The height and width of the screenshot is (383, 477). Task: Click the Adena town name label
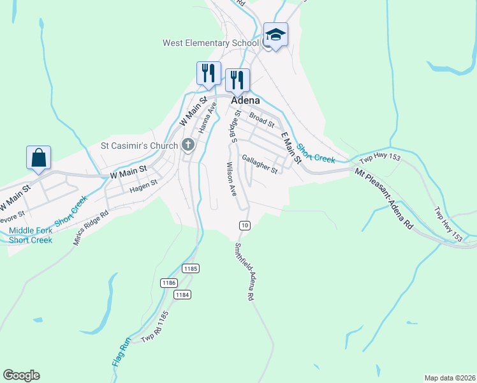click(x=246, y=100)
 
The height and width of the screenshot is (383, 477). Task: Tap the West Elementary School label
click(x=210, y=43)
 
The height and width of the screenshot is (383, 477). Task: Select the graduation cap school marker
click(x=276, y=34)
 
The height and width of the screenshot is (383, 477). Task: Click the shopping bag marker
click(x=38, y=158)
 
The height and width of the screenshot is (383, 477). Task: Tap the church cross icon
click(x=187, y=146)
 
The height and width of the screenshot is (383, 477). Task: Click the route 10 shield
click(x=244, y=225)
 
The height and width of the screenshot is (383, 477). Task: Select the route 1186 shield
click(x=168, y=282)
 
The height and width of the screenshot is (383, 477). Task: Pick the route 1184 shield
click(x=182, y=294)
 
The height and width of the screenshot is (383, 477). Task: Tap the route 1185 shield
click(x=189, y=269)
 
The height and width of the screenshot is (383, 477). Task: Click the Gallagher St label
click(x=260, y=164)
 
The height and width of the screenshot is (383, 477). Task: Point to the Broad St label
click(x=261, y=119)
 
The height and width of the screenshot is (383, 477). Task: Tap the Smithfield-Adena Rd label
click(x=245, y=272)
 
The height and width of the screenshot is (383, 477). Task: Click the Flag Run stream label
click(x=121, y=352)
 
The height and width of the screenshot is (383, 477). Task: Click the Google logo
click(x=21, y=375)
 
